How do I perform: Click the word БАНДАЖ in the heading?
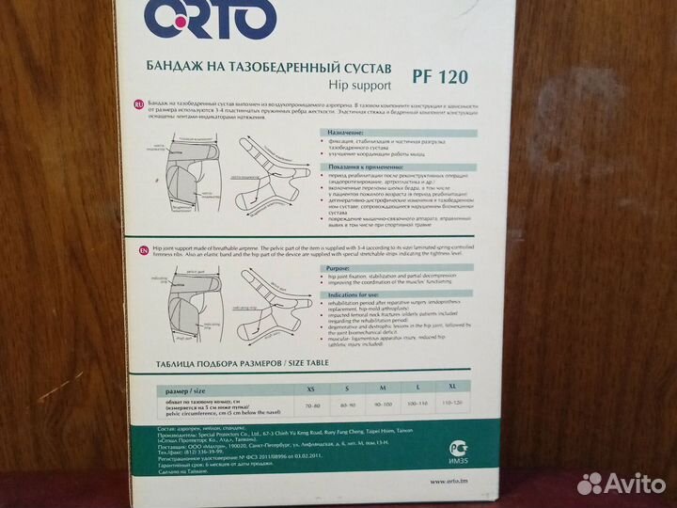click(169, 68)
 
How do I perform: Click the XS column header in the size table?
click(310, 387)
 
